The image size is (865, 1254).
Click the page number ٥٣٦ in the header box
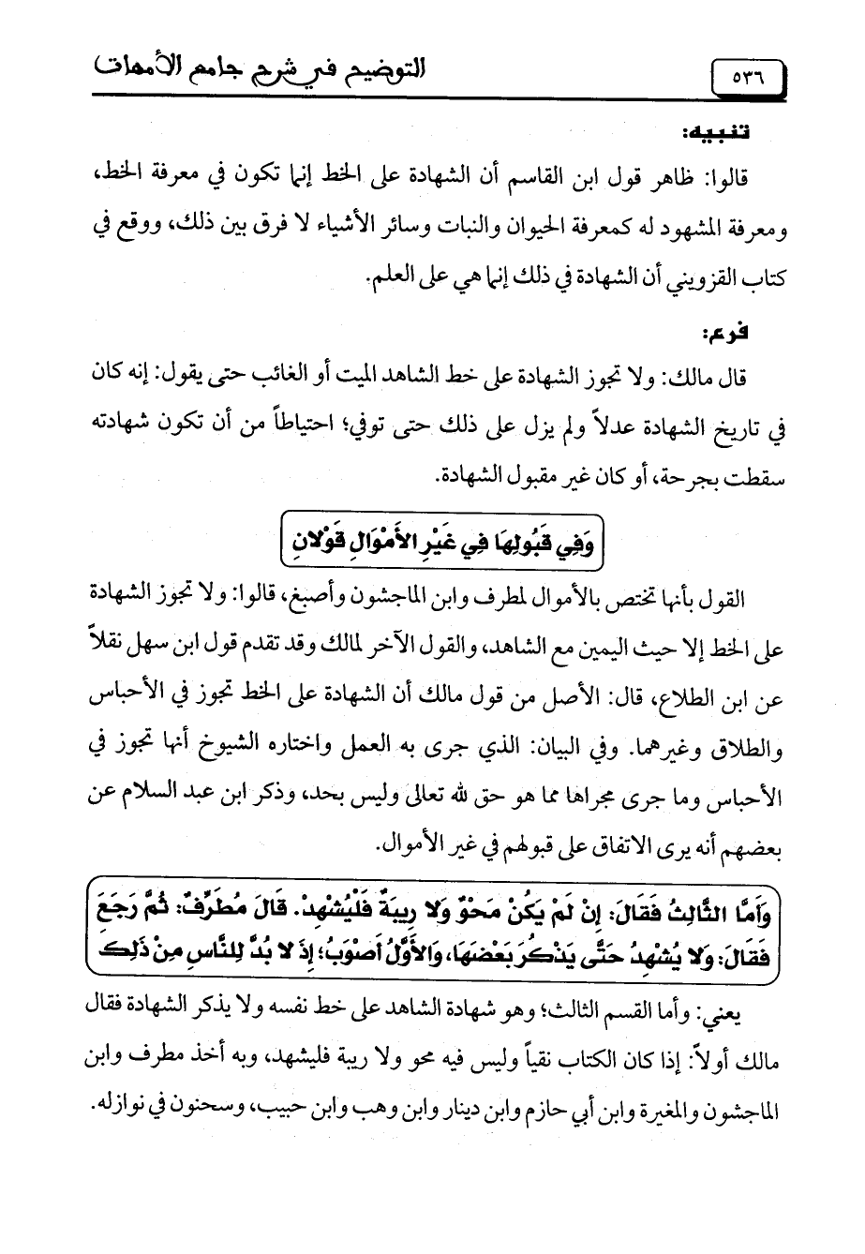[746, 72]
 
